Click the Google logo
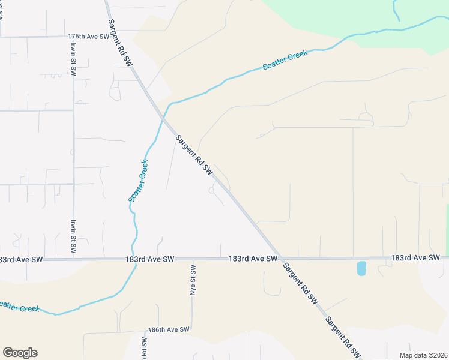[20, 353]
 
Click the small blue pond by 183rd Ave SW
[361, 268]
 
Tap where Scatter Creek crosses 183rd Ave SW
[135, 259]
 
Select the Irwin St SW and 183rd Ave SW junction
[74, 259]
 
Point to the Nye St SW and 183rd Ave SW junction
[193, 259]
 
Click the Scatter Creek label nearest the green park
[285, 60]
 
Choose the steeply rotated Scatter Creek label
[138, 180]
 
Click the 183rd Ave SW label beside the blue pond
[415, 257]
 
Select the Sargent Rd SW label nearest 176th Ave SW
[120, 41]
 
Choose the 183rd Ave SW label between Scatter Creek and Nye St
[149, 259]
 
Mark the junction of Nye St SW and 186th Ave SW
[193, 329]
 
